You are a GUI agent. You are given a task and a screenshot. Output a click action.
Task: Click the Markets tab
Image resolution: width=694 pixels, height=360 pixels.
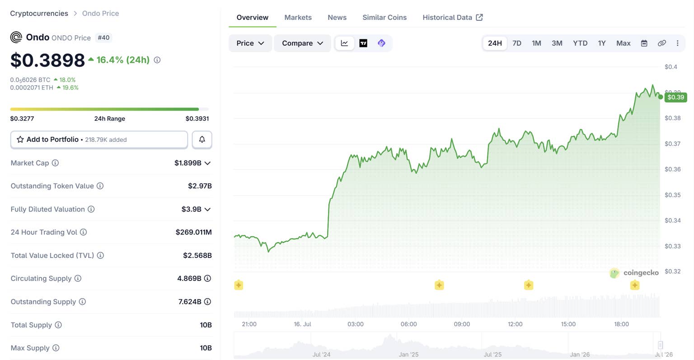click(x=298, y=17)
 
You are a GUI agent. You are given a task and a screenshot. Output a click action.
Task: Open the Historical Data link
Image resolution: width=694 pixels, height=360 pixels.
click(x=452, y=17)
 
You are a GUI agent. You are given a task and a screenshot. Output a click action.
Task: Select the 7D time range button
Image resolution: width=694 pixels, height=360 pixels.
click(x=517, y=43)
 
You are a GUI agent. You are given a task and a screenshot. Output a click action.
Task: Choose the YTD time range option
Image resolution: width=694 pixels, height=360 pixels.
click(x=580, y=43)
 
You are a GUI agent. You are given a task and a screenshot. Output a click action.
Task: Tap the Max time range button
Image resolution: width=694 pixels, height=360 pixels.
click(x=624, y=43)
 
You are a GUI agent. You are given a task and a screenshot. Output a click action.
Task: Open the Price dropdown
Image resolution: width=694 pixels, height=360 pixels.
click(x=250, y=43)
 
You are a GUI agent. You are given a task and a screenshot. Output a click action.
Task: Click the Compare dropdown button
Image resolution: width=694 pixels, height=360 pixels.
click(x=302, y=43)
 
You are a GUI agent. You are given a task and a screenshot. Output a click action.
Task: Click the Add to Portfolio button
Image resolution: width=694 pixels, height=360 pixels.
click(x=99, y=140)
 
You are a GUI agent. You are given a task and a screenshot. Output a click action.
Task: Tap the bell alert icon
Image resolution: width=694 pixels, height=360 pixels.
click(x=202, y=140)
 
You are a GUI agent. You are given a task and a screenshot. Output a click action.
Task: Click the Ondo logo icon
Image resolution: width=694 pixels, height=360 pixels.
click(x=16, y=37)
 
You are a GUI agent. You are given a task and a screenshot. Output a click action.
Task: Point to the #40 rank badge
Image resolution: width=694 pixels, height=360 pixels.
click(x=103, y=37)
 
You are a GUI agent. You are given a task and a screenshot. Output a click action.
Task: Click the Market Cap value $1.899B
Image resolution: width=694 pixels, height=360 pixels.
click(x=188, y=163)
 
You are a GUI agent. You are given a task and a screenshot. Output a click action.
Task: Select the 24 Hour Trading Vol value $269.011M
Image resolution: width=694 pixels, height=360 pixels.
click(x=194, y=232)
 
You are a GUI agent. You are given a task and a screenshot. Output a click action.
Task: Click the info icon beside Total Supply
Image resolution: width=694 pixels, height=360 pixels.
click(x=58, y=325)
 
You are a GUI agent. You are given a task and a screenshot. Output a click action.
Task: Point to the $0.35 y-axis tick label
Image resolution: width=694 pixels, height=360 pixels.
click(x=673, y=195)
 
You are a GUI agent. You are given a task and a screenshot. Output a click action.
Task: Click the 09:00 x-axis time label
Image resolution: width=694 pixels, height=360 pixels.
click(x=462, y=324)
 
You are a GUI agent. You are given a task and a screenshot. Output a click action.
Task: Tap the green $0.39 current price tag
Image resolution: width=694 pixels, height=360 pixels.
click(x=676, y=97)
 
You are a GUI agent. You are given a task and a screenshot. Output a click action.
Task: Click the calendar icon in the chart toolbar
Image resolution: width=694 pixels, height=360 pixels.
click(x=644, y=43)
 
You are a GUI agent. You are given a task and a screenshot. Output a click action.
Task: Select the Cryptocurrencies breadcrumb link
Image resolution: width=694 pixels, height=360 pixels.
click(x=39, y=13)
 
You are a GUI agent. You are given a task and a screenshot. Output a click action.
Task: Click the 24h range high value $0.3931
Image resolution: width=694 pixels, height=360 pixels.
click(x=197, y=118)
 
